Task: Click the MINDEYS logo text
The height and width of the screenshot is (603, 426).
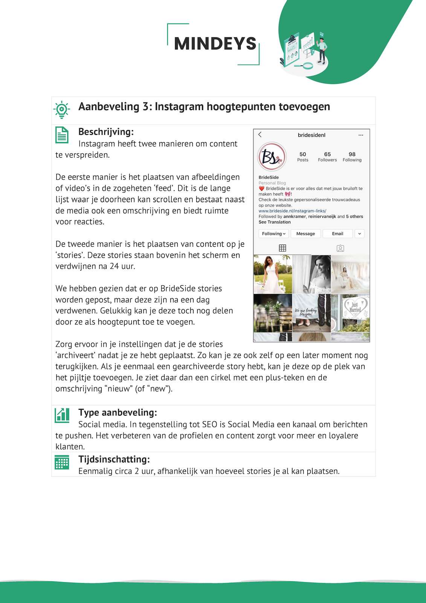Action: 215,44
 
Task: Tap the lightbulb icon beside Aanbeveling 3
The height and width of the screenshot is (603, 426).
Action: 61,109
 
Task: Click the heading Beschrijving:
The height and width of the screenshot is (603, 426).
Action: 106,132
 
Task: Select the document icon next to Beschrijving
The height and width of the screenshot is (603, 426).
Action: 62,135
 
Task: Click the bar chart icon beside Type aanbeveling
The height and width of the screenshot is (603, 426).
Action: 62,415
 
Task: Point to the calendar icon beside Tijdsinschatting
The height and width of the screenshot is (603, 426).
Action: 62,462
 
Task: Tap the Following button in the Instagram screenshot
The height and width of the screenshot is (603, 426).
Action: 273,234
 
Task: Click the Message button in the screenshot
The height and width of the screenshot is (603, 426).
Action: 305,234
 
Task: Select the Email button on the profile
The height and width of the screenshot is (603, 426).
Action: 337,234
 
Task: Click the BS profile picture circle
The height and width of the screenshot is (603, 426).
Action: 272,158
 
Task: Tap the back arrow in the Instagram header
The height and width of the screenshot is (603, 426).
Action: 260,135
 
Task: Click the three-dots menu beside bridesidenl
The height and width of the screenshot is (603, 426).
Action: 361,135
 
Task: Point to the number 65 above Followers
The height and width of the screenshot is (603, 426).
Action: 327,154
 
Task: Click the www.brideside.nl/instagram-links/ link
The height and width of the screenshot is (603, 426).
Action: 292,211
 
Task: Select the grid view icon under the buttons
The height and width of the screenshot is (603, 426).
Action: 282,248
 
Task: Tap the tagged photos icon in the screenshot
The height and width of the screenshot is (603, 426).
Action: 340,248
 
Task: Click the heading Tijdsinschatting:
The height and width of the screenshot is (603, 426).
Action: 114,459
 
